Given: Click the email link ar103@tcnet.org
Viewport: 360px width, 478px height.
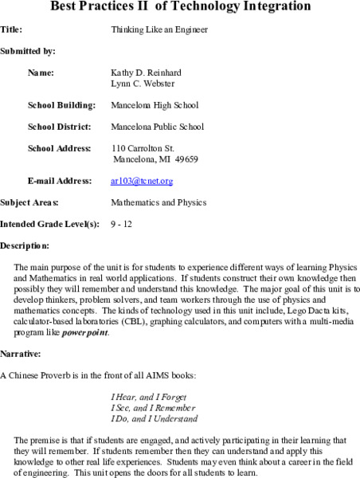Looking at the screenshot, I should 142,181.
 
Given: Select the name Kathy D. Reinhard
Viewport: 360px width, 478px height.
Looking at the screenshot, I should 149,72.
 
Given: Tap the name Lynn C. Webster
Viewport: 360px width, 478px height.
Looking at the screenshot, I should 143,83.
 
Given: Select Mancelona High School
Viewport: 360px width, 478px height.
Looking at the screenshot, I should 155,105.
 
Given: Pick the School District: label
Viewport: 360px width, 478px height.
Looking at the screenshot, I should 60,127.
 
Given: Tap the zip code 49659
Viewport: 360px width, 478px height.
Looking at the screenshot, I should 185,159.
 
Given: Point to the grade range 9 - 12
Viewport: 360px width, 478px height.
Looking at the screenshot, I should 122,225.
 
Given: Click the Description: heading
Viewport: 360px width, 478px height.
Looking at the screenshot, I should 25,246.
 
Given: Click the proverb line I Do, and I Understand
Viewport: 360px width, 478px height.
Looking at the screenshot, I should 155,418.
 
